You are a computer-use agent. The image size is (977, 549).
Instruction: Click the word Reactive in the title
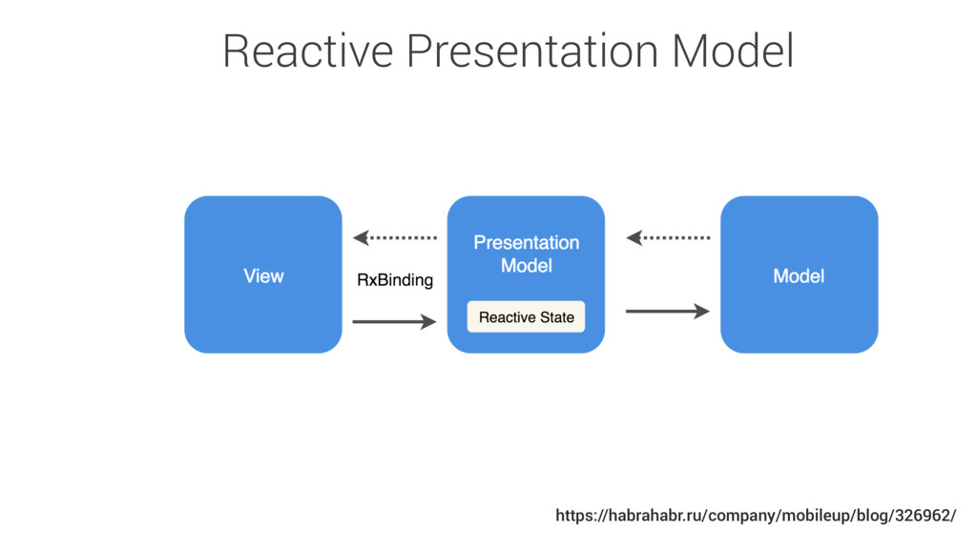308,51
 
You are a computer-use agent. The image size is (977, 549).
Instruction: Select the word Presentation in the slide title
532,51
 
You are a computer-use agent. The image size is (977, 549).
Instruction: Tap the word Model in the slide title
733,51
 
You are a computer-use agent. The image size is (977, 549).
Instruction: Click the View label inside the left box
263,275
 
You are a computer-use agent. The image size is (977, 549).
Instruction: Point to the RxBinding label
395,280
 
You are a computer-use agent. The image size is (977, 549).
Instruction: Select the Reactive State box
526,316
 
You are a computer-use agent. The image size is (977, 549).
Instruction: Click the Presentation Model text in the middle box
527,254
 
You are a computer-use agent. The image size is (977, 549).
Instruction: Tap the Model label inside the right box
799,275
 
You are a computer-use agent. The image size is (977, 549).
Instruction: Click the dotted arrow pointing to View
395,237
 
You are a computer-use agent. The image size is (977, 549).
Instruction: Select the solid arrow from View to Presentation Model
394,322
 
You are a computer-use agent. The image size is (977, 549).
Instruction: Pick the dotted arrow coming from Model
668,237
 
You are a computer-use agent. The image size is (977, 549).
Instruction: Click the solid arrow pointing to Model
668,312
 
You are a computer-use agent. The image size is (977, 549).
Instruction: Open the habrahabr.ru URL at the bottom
756,516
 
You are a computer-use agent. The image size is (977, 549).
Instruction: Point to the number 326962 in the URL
923,516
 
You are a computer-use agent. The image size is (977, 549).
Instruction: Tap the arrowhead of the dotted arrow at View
361,237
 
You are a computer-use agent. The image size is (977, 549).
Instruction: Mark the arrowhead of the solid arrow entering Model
702,312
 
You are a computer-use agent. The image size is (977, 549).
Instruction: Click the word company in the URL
741,516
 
